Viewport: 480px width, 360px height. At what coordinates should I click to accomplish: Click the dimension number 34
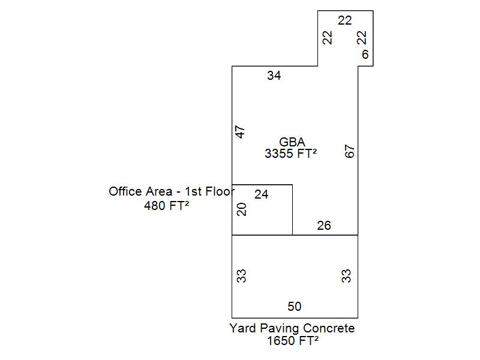[274, 76]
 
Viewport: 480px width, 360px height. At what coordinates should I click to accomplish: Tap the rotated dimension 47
[241, 132]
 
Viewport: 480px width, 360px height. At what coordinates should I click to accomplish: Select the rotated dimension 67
[350, 151]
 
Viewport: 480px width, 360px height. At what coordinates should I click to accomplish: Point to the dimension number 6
[365, 55]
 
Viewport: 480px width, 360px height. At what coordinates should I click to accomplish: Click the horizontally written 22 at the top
[344, 20]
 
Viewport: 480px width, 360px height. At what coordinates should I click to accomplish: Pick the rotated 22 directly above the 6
[361, 37]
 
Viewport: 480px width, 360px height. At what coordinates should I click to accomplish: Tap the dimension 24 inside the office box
[262, 194]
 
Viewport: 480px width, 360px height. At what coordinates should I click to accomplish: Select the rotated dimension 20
[242, 209]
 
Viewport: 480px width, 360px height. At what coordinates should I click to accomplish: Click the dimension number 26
[324, 226]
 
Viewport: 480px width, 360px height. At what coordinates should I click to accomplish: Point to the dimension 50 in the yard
[295, 307]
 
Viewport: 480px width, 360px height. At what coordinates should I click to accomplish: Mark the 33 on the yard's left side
[242, 276]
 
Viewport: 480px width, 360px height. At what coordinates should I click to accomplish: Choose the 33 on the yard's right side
[346, 276]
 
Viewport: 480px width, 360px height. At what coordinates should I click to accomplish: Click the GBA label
[292, 143]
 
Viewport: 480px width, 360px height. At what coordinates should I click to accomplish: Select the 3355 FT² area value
[291, 154]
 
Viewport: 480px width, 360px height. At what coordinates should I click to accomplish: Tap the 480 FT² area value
[167, 206]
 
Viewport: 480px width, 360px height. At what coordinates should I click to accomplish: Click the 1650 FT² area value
[293, 341]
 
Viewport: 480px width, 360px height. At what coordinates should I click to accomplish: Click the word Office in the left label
[126, 192]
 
